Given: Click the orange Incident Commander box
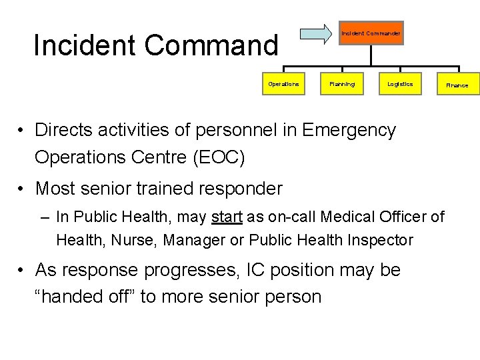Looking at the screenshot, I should point(371,33).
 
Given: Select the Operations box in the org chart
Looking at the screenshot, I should point(283,84).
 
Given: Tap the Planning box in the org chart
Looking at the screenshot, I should point(342,84).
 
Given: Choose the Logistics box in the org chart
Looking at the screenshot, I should point(400,84).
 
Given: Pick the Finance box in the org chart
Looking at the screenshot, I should point(457,85).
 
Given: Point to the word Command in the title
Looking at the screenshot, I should point(211,45).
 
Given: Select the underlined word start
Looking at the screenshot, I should point(227,217).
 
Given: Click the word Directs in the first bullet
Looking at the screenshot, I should point(65,129).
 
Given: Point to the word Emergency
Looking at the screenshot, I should point(349,129).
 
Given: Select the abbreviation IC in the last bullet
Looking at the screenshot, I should point(256,269).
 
